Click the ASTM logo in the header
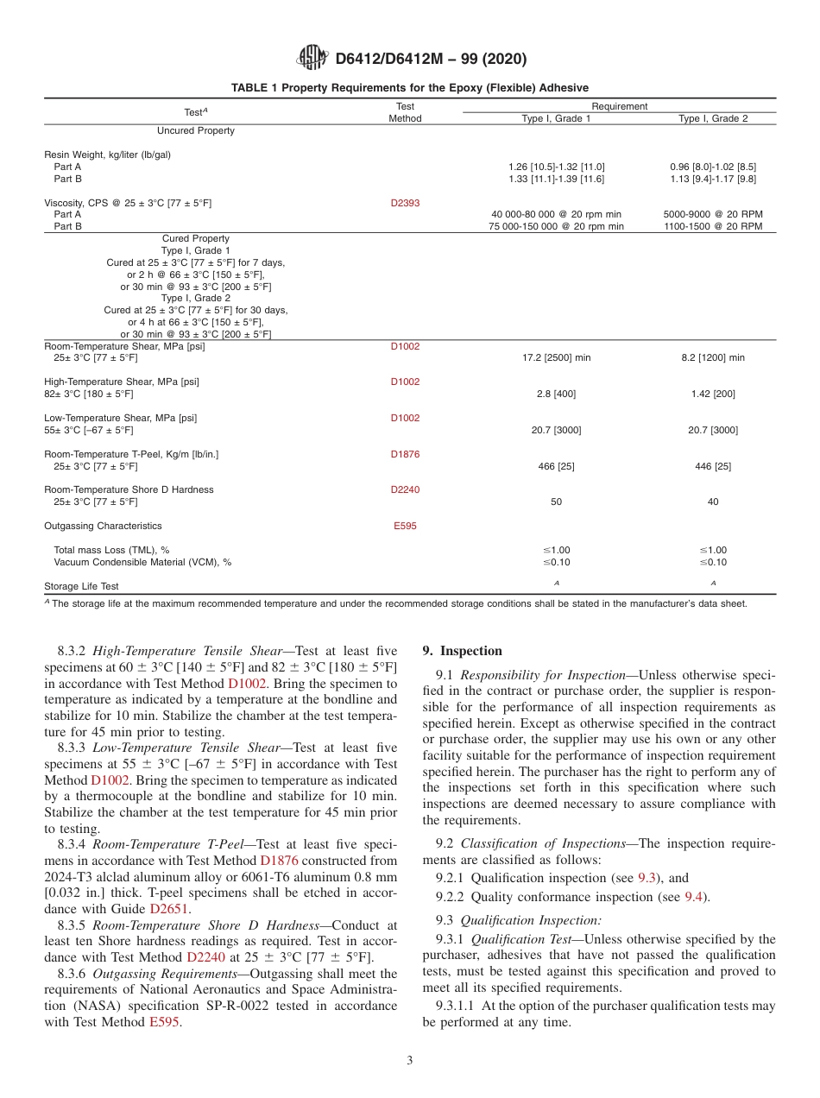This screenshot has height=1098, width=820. point(312,59)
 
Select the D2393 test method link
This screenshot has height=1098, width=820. point(405,203)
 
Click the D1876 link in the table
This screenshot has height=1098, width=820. point(405,454)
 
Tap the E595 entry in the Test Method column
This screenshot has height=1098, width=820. point(405,526)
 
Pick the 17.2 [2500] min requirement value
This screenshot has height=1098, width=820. point(556,357)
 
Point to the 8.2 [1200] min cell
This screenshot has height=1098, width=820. point(712,357)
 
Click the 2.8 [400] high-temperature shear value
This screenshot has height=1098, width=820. point(556,394)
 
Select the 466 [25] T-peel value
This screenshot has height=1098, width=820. point(556,466)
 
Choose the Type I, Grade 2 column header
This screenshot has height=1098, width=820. point(713,118)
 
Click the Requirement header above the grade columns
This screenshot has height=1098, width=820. point(619,106)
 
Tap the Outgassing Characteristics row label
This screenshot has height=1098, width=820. point(103,526)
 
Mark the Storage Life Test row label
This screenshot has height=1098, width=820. point(81,586)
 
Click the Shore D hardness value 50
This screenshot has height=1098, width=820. point(556,502)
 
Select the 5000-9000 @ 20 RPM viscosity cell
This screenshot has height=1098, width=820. point(712,214)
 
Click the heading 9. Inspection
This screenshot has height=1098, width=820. point(462,651)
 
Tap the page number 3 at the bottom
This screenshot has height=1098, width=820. point(410,1060)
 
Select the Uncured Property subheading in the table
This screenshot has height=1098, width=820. point(195,130)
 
